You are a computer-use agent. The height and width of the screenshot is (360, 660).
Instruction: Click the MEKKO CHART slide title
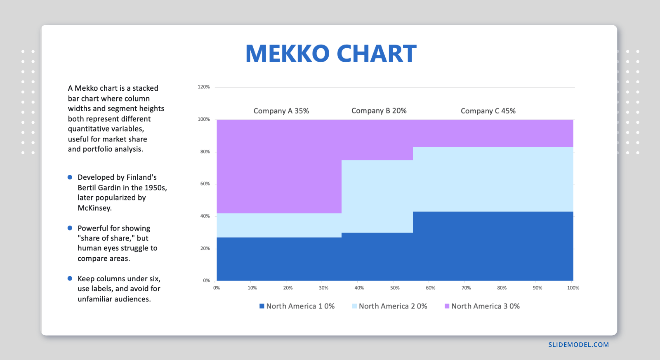331,54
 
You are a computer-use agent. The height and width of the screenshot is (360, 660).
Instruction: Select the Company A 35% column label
281,111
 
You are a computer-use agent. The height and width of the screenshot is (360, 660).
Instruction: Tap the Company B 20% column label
379,111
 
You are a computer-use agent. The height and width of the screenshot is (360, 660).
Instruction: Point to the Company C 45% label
488,111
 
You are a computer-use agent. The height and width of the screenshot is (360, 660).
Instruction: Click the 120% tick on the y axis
204,87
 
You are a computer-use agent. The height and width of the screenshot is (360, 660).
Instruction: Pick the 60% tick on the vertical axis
205,184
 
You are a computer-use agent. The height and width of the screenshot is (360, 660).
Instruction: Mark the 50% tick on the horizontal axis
395,288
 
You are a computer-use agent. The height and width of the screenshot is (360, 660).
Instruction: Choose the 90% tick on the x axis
537,288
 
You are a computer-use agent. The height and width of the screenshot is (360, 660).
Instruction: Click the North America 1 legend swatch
262,306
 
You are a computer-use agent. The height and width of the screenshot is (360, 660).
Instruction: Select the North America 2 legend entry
389,306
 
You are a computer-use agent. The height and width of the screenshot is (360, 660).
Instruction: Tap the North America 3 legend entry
482,306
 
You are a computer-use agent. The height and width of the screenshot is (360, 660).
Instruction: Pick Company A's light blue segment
279,225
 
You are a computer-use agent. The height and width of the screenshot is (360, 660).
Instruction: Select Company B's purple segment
377,140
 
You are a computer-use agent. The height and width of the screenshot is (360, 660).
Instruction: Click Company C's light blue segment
493,179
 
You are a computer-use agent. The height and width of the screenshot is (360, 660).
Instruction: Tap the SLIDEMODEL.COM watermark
578,345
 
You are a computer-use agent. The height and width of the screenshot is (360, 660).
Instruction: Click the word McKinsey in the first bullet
94,208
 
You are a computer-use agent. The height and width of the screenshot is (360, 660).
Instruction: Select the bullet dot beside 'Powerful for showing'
70,228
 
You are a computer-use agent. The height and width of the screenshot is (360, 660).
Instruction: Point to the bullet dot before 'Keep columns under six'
70,279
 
